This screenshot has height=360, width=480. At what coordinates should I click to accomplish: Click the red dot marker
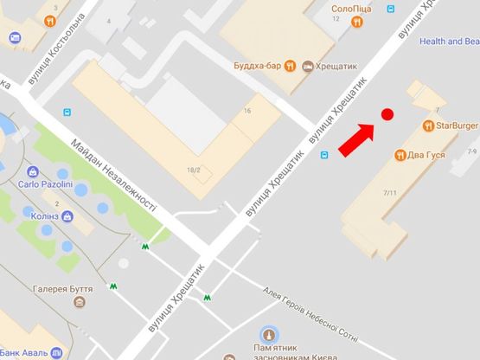(x=387, y=114)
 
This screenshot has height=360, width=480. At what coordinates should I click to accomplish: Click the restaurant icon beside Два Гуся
(x=400, y=155)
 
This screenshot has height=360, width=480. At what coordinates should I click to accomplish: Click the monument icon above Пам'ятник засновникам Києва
(x=269, y=334)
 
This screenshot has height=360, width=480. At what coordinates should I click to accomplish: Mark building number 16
(x=247, y=111)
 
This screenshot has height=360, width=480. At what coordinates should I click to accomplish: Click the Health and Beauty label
(x=449, y=41)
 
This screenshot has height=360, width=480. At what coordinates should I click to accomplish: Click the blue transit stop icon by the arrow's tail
(x=324, y=155)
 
